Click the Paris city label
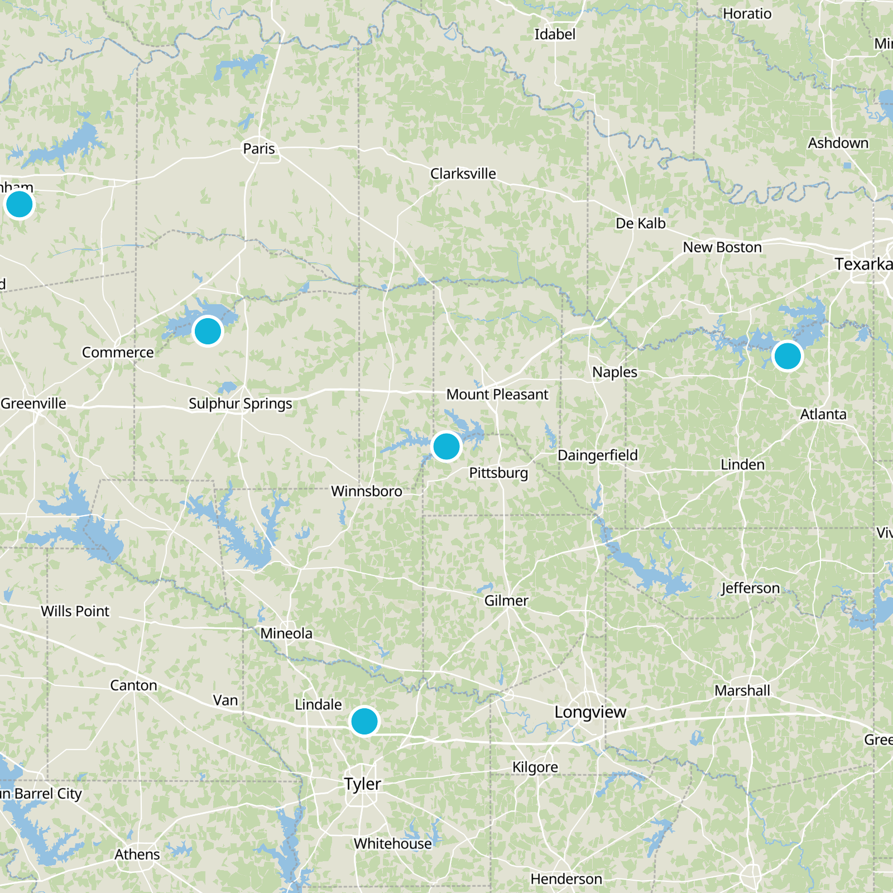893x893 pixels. coord(259,149)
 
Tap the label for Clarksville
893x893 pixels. coord(463,174)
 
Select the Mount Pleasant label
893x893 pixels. coord(497,395)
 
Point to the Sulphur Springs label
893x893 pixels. coord(240,404)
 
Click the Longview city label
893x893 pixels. coord(590,712)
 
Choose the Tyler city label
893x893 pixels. coord(362,784)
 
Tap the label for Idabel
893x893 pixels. coord(554,35)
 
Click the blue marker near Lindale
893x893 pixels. coord(364,721)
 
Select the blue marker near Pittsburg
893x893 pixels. coord(446,446)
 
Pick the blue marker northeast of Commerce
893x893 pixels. coord(208,331)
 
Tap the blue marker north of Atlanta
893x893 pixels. coord(788,356)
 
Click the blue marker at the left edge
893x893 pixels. coord(20,204)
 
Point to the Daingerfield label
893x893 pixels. coord(597,455)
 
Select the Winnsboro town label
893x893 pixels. coord(366,492)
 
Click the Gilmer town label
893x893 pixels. coord(506,601)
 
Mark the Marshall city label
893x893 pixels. coord(742,691)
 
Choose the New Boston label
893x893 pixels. coord(722,247)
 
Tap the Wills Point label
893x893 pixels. coord(75,612)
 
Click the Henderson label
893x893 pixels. coord(566,880)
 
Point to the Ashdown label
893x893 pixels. coord(838,143)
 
